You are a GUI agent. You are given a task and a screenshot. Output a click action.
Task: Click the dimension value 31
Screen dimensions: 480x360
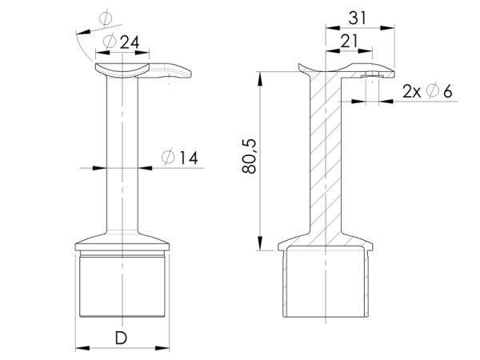(358, 18)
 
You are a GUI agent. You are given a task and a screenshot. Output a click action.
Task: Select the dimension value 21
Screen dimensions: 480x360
(349, 41)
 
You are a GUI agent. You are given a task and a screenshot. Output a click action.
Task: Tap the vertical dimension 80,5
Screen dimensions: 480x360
(249, 156)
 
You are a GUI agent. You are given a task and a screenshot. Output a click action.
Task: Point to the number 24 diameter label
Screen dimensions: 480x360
(130, 42)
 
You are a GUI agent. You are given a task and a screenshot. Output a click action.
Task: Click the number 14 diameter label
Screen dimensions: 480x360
(188, 158)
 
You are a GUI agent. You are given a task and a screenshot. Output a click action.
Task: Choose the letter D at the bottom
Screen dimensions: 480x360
(122, 338)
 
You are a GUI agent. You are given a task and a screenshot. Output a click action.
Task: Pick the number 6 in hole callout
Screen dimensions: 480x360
(447, 91)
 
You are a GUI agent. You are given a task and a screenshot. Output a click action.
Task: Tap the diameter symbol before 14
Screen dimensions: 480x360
(168, 158)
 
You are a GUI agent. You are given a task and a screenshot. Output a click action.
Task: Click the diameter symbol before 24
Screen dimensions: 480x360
(110, 42)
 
